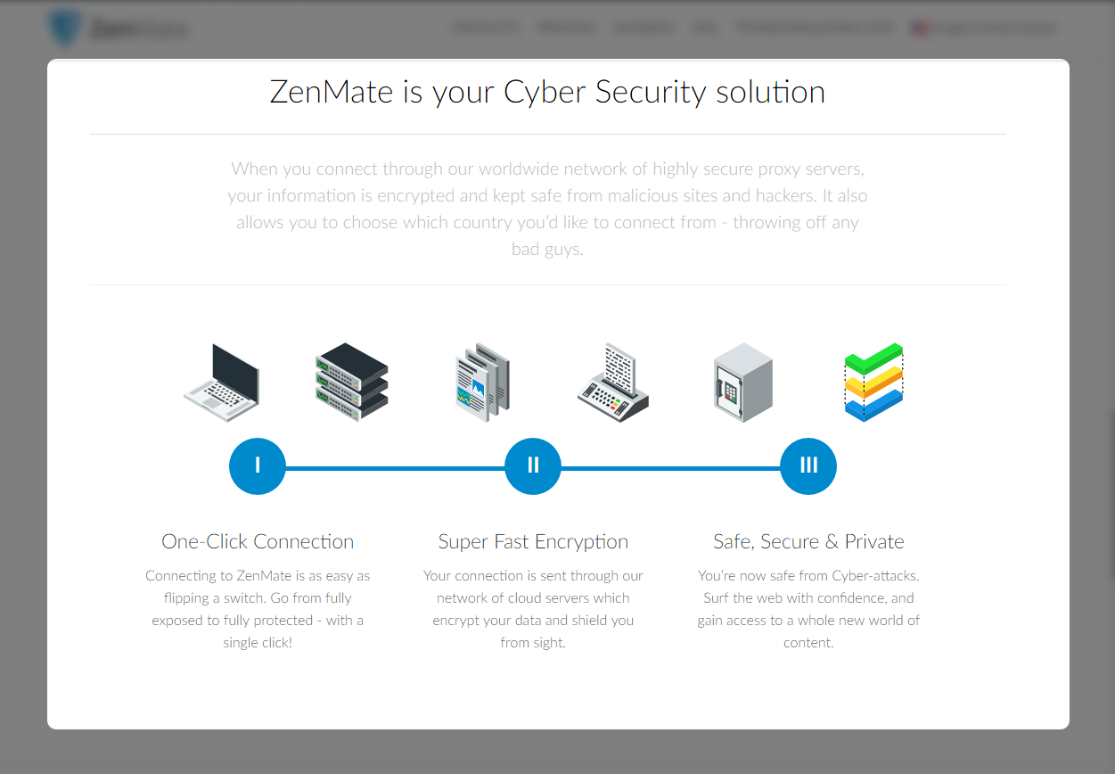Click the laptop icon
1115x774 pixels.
point(222,383)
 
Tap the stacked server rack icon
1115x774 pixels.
point(351,383)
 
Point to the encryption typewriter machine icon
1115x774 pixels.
point(613,383)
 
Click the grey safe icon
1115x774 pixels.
point(742,383)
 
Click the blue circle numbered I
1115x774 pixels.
point(258,465)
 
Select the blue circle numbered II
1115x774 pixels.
point(533,465)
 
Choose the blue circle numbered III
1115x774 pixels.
point(808,465)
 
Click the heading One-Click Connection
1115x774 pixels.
point(258,542)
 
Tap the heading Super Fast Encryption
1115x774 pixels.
point(533,542)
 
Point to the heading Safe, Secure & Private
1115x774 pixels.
point(808,542)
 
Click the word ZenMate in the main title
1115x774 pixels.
point(332,92)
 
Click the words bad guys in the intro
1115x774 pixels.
point(547,250)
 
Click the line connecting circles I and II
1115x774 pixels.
point(395,467)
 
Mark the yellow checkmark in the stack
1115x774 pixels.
point(873,384)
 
